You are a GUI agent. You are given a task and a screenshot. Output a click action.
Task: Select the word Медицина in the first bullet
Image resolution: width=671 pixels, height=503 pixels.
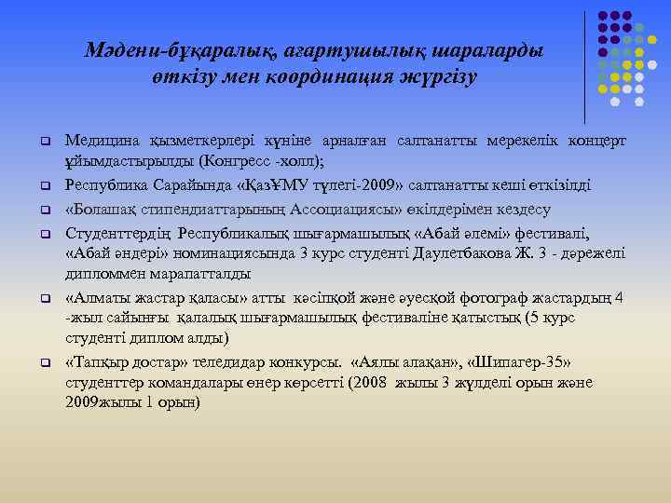101,141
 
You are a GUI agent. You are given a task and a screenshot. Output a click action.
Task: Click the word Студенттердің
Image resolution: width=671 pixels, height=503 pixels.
118,230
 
